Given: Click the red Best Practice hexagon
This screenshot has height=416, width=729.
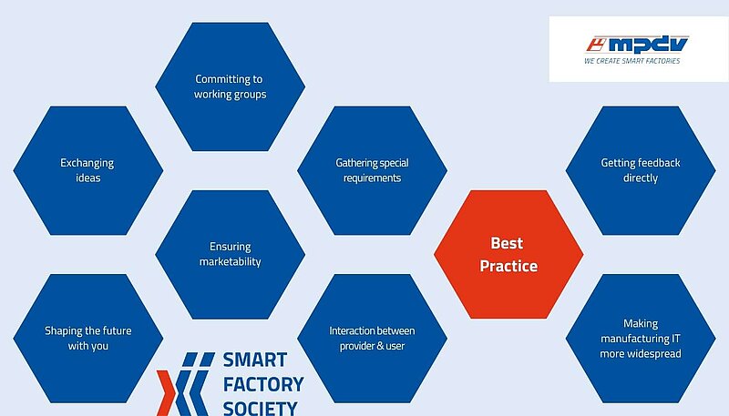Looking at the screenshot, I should coord(508,255).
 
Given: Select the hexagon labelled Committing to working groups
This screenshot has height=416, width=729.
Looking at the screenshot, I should coord(231,86).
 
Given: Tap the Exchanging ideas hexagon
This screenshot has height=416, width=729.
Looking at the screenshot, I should coord(87,170).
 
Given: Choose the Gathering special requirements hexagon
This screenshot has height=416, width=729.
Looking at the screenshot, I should coord(372,170).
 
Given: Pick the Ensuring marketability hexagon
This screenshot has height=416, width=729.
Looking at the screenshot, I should coord(231,254).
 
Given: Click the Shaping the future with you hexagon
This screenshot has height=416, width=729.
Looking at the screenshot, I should coord(87,339).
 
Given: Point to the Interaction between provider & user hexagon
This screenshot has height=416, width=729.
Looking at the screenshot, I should coord(372,339).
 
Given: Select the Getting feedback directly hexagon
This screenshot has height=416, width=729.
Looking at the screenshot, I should coord(641,170).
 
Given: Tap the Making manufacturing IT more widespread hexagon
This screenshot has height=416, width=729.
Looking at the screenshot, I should coord(641,339).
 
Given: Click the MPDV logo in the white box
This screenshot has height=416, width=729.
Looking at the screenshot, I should coord(637,44).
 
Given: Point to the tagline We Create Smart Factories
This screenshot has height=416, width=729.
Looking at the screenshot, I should coord(631,61).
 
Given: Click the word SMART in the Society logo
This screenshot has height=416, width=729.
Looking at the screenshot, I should coord(255,360).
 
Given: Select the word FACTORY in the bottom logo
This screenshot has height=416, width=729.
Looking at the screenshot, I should coord(263,383).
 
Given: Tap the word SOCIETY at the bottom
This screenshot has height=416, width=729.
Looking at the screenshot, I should coord(260,406).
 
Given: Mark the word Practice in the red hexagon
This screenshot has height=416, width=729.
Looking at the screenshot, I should coord(508,267).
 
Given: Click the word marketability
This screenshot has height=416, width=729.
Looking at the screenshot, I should coord(231,262).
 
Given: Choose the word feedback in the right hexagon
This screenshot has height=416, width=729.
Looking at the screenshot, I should coord(658,163).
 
